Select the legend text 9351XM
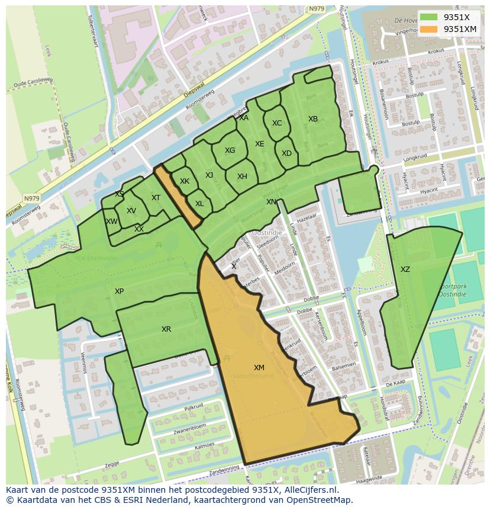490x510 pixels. (460, 29)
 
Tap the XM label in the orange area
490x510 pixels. (259, 368)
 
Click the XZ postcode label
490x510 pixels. (405, 270)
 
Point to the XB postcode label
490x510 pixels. (313, 119)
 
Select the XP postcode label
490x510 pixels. (120, 291)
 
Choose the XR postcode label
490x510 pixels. (166, 329)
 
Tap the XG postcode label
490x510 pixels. (230, 150)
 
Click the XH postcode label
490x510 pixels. (242, 177)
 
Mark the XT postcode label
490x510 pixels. (156, 198)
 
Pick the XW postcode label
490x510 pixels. (111, 222)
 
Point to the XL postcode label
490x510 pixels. (199, 204)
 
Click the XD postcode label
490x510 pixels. (286, 153)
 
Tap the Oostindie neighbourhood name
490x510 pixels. (267, 233)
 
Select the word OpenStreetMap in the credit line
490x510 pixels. (319, 500)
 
